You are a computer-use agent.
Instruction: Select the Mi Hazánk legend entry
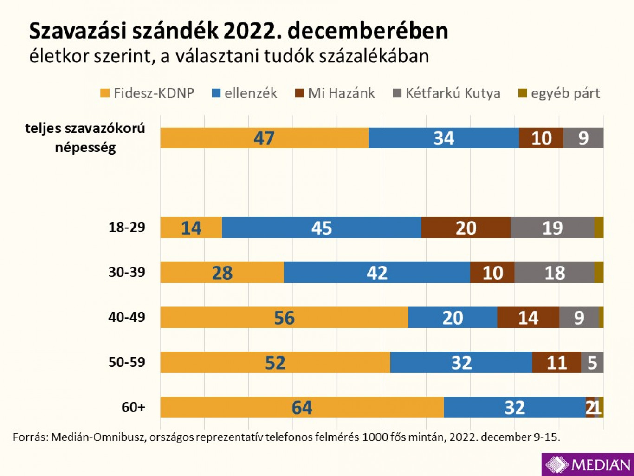(335, 93)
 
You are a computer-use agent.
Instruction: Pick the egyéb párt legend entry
(559, 93)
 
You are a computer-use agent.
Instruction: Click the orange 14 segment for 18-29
(191, 228)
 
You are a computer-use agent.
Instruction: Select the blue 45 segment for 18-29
(321, 228)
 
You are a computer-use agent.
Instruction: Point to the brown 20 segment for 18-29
(466, 228)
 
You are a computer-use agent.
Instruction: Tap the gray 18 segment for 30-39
(554, 273)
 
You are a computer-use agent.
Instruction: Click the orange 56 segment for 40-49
(284, 318)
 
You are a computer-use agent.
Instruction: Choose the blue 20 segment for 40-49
(453, 318)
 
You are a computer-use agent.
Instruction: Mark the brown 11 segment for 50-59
(556, 362)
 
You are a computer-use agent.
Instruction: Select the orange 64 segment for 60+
(302, 407)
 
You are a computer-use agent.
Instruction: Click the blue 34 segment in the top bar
(444, 138)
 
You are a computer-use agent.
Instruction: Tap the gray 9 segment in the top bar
(583, 138)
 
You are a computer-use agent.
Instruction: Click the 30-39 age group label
(127, 272)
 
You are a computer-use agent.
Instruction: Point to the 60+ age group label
(133, 407)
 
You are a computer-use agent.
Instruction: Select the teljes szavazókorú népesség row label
(85, 138)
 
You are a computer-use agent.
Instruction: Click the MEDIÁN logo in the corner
(588, 464)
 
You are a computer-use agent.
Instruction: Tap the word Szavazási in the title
(78, 31)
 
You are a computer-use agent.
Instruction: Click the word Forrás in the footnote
(29, 437)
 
